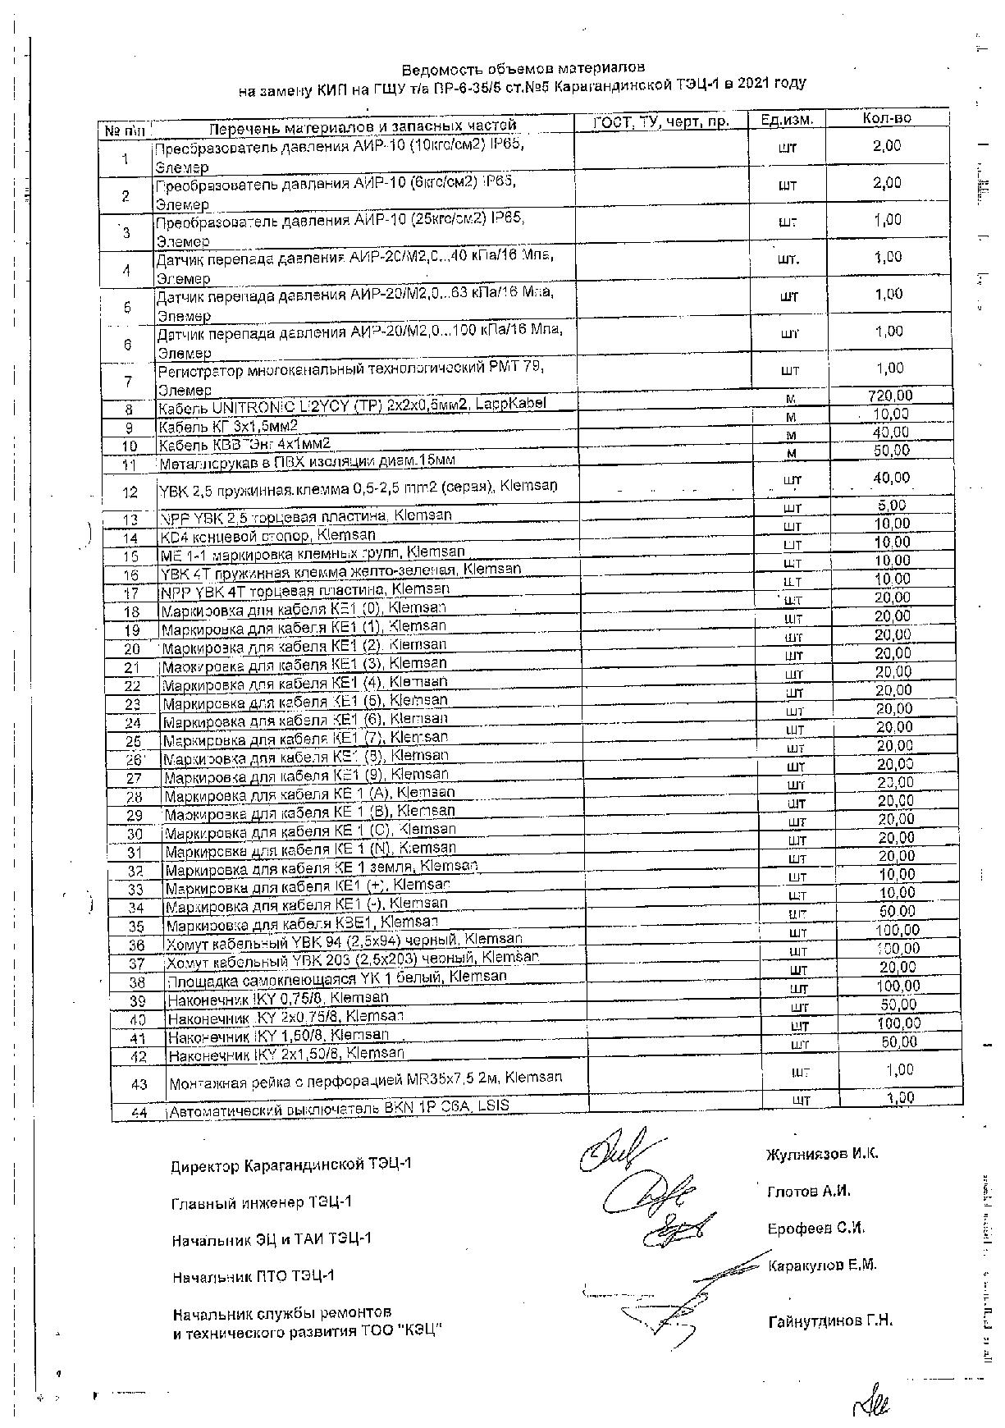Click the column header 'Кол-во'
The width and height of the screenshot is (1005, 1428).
click(x=887, y=118)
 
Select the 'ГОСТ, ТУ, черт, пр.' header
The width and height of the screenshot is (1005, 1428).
click(x=661, y=121)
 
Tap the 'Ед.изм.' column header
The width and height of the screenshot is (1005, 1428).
click(x=787, y=120)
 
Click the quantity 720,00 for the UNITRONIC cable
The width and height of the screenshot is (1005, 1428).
click(x=890, y=396)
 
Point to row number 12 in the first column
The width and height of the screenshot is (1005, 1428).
click(x=130, y=492)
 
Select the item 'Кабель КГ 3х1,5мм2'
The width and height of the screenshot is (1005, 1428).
click(x=228, y=426)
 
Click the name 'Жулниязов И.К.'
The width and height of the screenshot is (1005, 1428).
click(x=822, y=1153)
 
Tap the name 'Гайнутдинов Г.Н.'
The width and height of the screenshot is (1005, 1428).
click(x=830, y=1321)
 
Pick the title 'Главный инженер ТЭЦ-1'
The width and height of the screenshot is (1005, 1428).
click(x=262, y=1202)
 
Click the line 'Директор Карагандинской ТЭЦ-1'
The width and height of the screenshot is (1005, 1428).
click(x=291, y=1165)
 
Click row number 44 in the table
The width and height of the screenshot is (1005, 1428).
click(x=139, y=1113)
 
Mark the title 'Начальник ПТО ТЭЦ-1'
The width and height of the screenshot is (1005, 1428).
click(x=254, y=1277)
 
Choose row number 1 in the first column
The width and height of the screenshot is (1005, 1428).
click(x=125, y=159)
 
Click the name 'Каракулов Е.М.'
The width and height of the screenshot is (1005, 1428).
click(x=822, y=1265)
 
